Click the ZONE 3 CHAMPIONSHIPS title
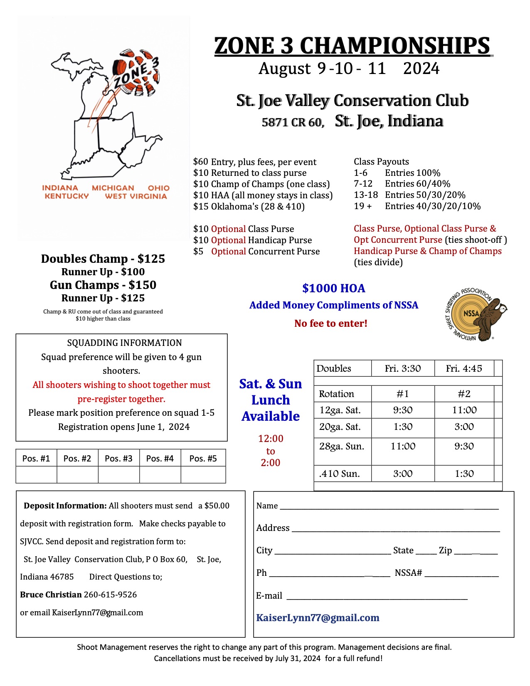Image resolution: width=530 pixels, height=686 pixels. (353, 46)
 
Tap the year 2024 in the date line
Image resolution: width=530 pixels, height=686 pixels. (421, 69)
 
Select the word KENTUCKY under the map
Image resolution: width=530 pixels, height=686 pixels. (67, 196)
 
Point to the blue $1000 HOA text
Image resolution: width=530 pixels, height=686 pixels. (333, 288)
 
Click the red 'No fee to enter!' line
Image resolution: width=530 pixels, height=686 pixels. (330, 323)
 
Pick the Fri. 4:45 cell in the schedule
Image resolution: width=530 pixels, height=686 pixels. (463, 368)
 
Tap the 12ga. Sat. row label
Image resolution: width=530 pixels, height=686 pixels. (340, 410)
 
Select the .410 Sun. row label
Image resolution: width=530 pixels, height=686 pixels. (339, 474)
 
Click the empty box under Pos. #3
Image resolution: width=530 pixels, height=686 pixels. (118, 474)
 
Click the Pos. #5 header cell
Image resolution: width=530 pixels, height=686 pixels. (203, 458)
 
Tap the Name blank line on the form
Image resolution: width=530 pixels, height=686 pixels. (389, 506)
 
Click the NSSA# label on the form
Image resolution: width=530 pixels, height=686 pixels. (408, 573)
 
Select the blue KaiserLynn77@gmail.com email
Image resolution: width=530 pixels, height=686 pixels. (318, 618)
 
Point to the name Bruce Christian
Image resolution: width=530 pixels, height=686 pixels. (51, 595)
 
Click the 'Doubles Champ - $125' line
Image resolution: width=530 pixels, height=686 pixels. (103, 259)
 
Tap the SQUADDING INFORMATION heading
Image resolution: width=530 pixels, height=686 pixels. (124, 343)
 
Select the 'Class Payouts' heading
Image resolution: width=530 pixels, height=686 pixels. (381, 162)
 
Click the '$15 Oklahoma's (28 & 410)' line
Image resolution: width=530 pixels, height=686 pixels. (249, 206)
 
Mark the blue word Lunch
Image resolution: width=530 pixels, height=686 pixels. (271, 400)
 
